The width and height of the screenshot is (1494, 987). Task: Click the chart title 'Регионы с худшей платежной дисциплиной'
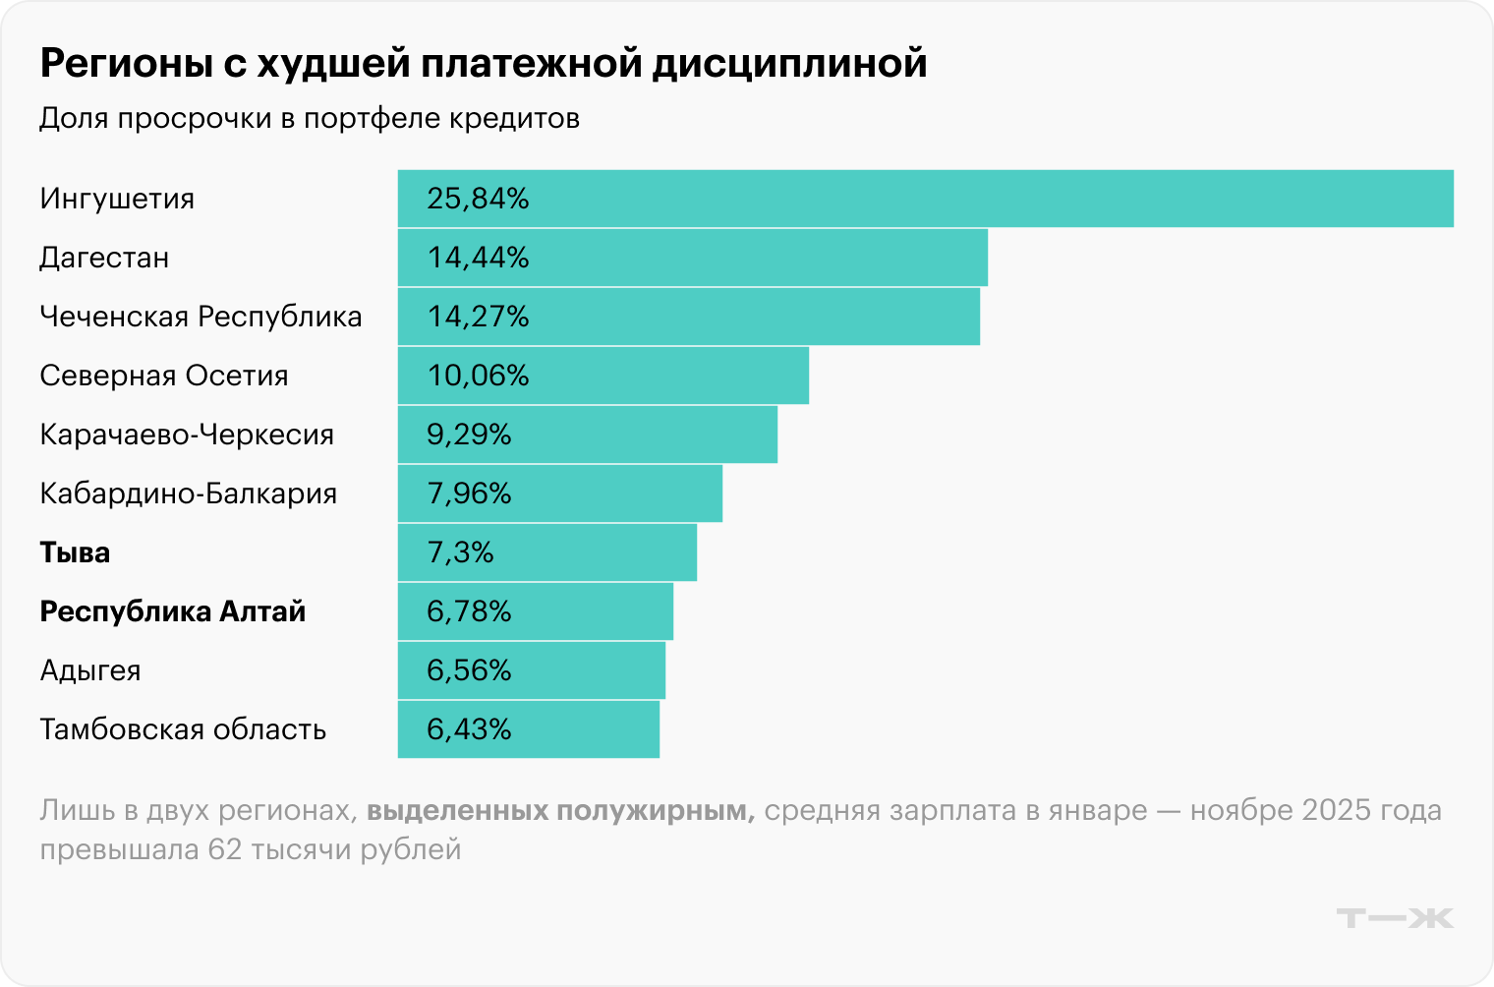pyautogui.click(x=483, y=63)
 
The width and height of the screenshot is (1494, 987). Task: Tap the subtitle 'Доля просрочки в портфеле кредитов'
pyautogui.click(x=310, y=118)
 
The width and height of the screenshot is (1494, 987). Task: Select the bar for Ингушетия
pyautogui.click(x=924, y=199)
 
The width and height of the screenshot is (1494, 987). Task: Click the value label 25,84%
pyautogui.click(x=478, y=199)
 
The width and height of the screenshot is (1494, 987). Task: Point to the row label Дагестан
pyautogui.click(x=104, y=258)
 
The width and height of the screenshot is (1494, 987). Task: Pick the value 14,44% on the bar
pyautogui.click(x=478, y=258)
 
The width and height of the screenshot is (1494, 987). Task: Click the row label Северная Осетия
pyautogui.click(x=164, y=376)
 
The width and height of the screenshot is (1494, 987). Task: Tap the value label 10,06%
pyautogui.click(x=478, y=376)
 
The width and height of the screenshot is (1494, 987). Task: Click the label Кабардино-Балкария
pyautogui.click(x=188, y=493)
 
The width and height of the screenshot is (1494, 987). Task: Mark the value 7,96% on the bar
pyautogui.click(x=469, y=493)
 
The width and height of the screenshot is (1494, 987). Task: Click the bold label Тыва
pyautogui.click(x=75, y=552)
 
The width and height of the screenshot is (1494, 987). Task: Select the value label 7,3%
pyautogui.click(x=460, y=552)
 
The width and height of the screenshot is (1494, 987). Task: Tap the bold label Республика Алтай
pyautogui.click(x=172, y=611)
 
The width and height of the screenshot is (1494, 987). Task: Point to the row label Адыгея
pyautogui.click(x=90, y=670)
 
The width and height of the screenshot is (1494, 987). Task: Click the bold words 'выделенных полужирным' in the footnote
pyautogui.click(x=560, y=811)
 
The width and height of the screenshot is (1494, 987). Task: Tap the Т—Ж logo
pyautogui.click(x=1394, y=918)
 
